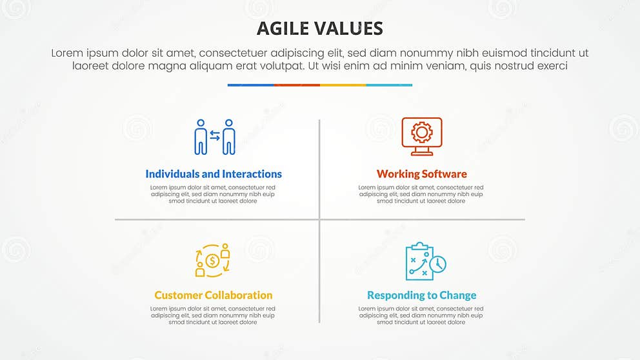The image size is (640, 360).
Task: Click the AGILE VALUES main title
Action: click(320, 28)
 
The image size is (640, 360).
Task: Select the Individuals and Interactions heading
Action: click(214, 174)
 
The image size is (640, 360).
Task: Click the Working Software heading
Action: click(421, 174)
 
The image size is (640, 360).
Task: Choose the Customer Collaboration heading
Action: click(214, 295)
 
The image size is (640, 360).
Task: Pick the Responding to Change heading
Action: click(421, 295)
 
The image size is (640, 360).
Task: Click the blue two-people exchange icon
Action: click(215, 137)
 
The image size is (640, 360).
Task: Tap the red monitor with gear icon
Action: click(421, 135)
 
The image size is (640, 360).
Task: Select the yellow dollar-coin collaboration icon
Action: click(213, 260)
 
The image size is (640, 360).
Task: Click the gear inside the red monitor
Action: click(421, 132)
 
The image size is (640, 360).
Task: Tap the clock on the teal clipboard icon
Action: click(439, 265)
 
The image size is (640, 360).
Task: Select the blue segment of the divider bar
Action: click(250, 85)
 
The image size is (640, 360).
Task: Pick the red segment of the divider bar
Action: click(297, 85)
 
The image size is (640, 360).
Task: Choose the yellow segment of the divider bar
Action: click(343, 85)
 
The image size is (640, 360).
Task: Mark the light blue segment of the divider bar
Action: click(389, 85)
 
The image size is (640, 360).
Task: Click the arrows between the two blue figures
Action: click(215, 136)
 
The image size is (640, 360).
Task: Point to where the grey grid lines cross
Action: click(319, 219)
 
